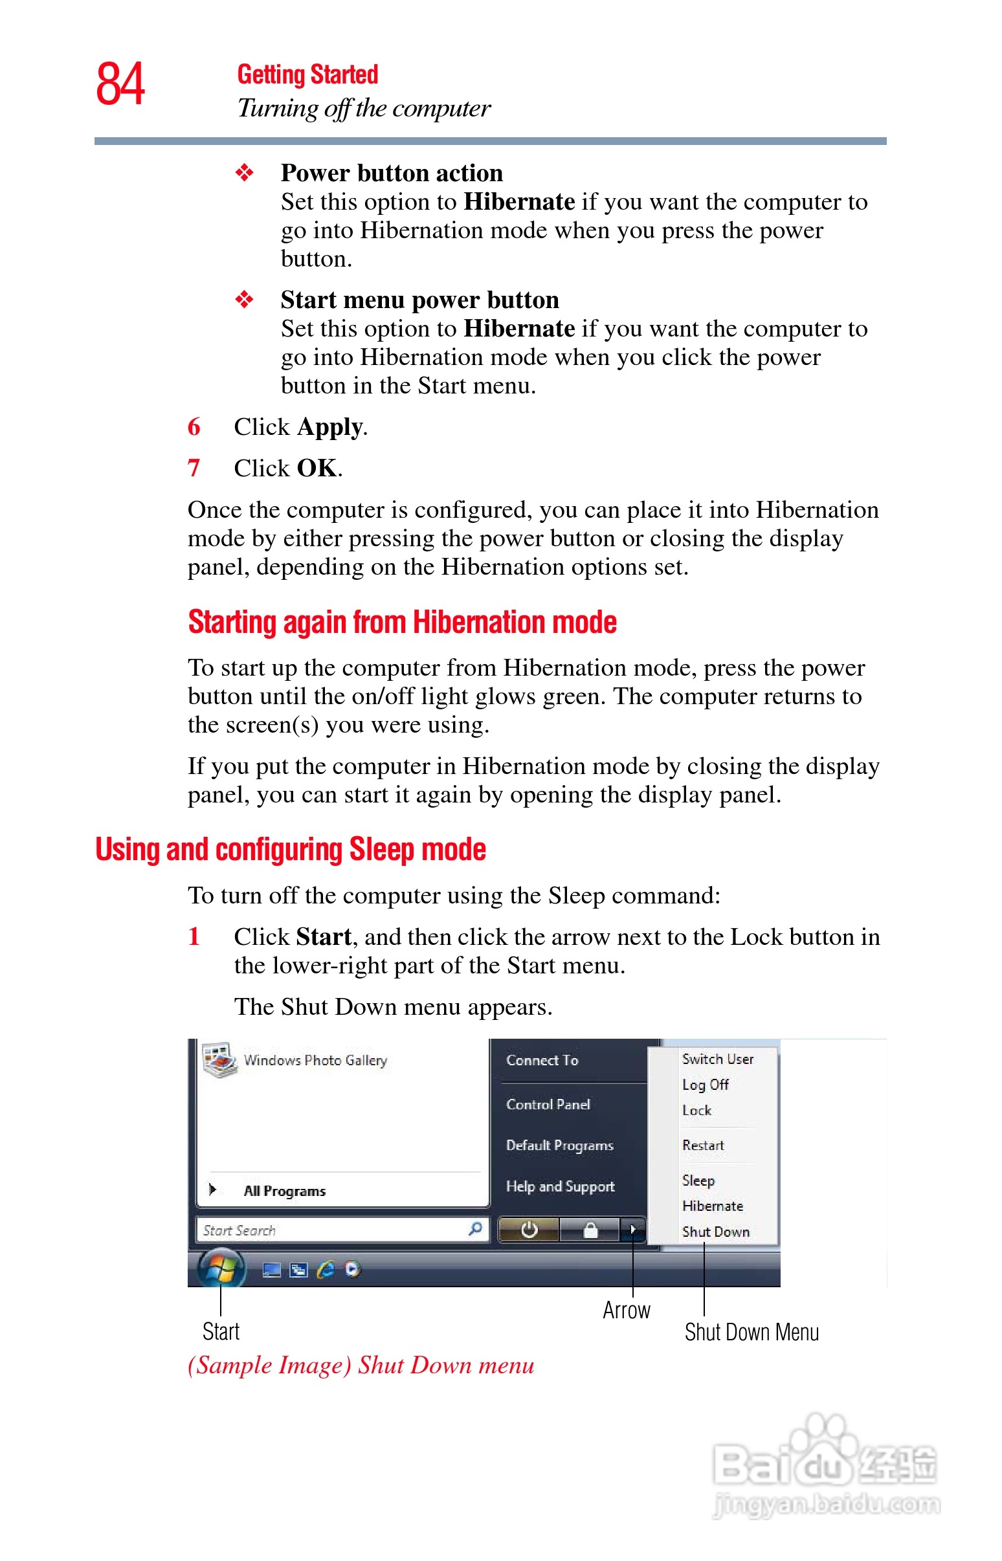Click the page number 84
click(x=120, y=84)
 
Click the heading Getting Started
click(x=307, y=75)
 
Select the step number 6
click(x=194, y=427)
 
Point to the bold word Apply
click(x=330, y=427)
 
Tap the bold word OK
click(x=317, y=469)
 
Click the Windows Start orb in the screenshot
click(x=221, y=1268)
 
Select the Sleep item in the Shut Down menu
click(x=698, y=1180)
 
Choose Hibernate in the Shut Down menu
click(x=713, y=1206)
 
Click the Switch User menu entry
click(x=717, y=1059)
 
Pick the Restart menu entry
click(x=703, y=1146)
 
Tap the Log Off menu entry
click(x=706, y=1084)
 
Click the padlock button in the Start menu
click(x=590, y=1230)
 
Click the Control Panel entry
click(x=548, y=1104)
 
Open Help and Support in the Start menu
click(x=560, y=1186)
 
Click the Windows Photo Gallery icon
click(x=219, y=1060)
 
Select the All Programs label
click(x=284, y=1191)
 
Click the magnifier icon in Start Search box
click(x=476, y=1228)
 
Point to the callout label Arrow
click(x=626, y=1310)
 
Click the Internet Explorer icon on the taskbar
click(x=326, y=1269)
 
